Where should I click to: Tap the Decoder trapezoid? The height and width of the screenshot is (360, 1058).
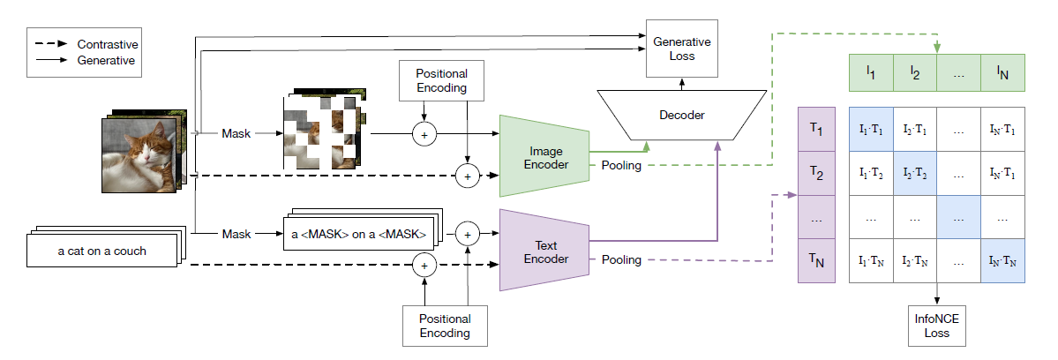coord(682,115)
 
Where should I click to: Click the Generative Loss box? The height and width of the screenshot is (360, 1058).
coord(682,49)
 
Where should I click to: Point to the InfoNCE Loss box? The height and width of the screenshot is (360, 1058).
coord(935,326)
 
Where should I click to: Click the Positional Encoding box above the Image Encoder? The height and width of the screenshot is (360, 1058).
coord(433,81)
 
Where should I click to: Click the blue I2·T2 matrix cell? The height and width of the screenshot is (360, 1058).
coord(914,174)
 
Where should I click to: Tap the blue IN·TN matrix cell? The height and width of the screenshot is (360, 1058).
coord(1002,260)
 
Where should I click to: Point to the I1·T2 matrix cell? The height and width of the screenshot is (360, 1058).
coord(870,174)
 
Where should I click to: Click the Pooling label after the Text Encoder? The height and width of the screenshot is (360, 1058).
coord(621,260)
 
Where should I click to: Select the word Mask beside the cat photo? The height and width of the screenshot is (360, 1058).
coord(236,134)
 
